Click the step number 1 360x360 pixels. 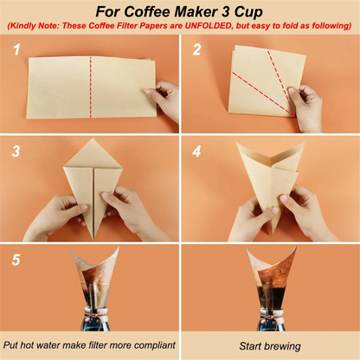pyautogui.click(x=15, y=50)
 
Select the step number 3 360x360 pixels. pyautogui.click(x=15, y=152)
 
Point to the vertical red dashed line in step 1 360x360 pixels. pyautogui.click(x=91, y=87)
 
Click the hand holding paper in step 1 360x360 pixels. pyautogui.click(x=165, y=100)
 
